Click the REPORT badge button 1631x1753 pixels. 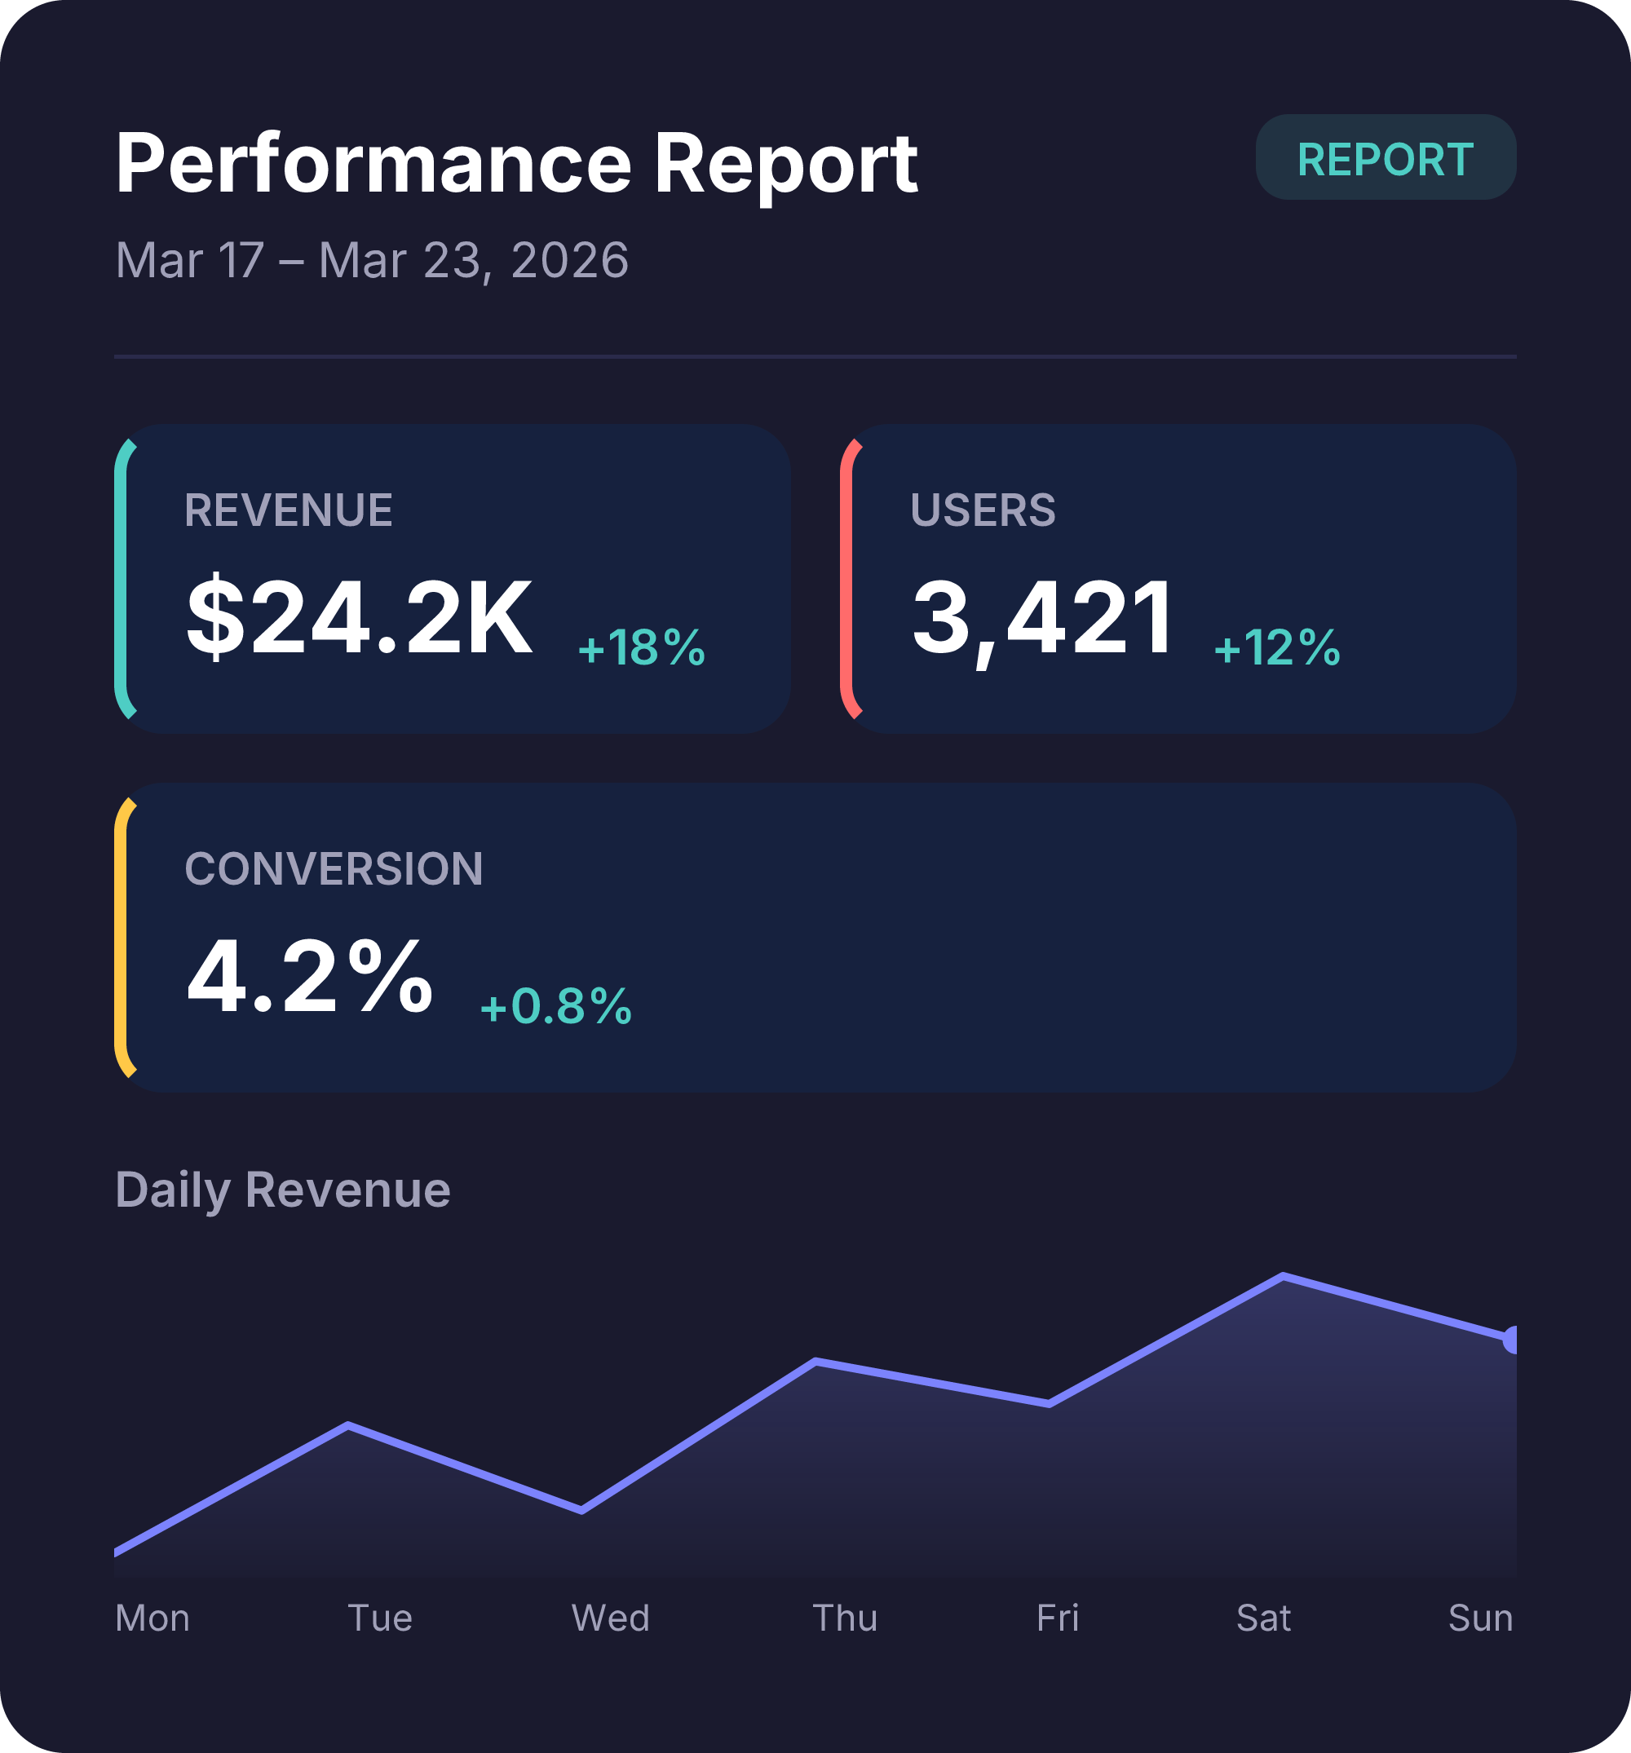click(1385, 158)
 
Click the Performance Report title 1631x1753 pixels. click(516, 163)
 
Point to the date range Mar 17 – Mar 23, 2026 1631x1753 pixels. click(371, 260)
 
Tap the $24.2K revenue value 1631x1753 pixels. click(359, 617)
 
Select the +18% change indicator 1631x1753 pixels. click(641, 647)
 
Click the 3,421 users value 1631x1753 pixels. click(1043, 617)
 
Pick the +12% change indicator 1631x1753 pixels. click(1276, 647)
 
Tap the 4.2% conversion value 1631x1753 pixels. click(310, 977)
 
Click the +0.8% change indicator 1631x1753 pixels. click(555, 1006)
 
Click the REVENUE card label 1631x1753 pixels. click(289, 510)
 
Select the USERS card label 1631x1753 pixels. click(983, 510)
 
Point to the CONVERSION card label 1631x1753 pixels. click(334, 869)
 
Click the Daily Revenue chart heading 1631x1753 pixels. click(282, 1190)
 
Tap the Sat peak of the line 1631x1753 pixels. click(1283, 1276)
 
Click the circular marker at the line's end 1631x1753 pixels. click(1512, 1340)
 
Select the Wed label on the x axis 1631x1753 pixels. click(611, 1618)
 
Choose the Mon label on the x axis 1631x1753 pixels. click(152, 1618)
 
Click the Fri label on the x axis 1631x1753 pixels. click(1057, 1618)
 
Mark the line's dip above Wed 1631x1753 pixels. click(582, 1511)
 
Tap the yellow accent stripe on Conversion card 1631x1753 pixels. click(121, 938)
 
